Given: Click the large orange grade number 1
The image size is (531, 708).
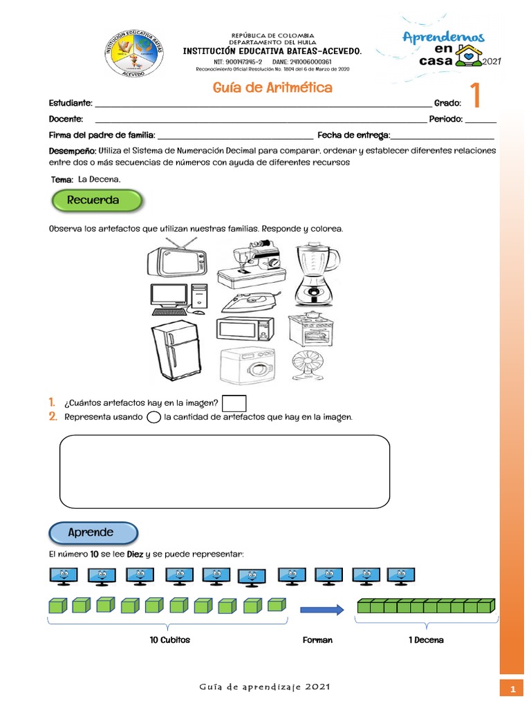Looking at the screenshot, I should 476,97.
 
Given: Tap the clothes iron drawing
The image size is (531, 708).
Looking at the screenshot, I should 251,301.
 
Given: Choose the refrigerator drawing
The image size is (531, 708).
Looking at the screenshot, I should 175,351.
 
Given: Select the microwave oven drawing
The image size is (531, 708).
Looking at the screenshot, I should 245,330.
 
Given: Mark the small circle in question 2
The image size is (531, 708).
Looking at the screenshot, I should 154,418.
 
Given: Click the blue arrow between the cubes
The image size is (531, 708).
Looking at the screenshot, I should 322,609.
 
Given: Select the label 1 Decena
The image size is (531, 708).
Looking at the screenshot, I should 426,640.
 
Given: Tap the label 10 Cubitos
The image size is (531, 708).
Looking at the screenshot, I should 169,640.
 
